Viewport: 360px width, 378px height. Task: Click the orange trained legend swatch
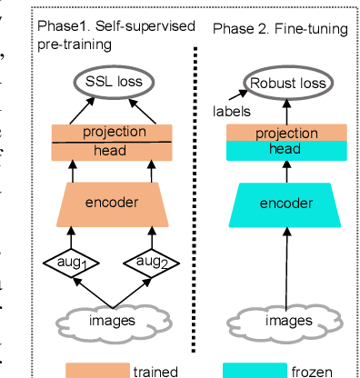pyautogui.click(x=97, y=370)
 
